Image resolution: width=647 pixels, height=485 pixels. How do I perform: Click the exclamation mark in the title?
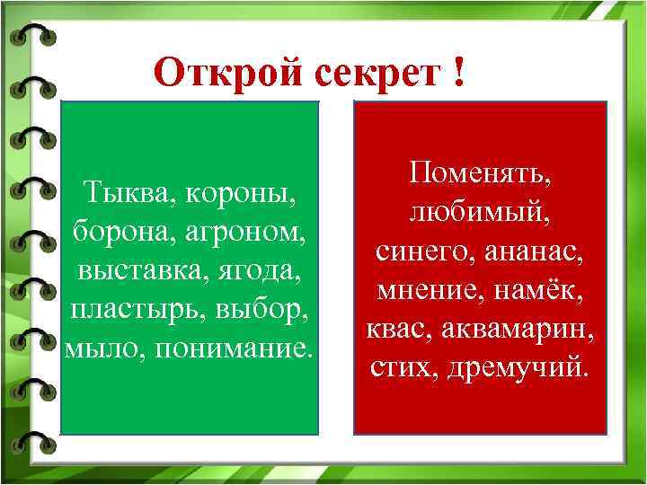[x=459, y=71]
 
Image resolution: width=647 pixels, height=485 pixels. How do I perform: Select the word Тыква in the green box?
[x=121, y=191]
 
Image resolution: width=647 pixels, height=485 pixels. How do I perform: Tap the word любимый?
[x=480, y=210]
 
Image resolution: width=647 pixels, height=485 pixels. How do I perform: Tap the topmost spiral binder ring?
[x=32, y=34]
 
